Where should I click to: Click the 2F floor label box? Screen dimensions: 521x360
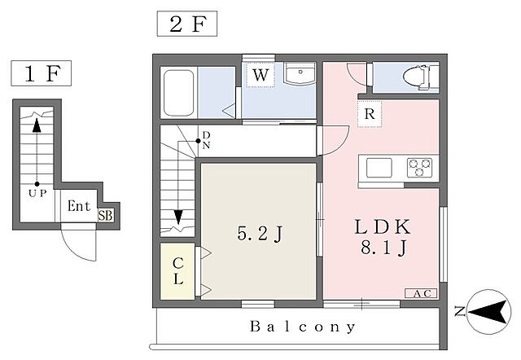(187, 24)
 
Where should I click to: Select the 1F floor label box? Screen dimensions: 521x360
(42, 73)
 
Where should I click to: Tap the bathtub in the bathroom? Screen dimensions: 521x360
(179, 93)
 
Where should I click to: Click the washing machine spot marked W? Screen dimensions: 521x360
(260, 74)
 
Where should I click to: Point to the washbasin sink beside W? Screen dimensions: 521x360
(300, 74)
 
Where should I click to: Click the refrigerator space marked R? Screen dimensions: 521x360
(370, 114)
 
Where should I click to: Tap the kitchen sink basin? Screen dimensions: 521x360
(379, 168)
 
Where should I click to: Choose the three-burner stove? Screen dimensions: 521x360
(420, 168)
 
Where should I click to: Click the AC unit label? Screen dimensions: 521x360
(421, 293)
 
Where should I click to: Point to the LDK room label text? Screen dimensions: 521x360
(383, 227)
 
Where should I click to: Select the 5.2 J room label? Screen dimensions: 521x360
(260, 234)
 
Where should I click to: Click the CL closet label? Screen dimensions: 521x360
(178, 271)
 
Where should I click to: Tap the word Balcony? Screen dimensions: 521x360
(302, 327)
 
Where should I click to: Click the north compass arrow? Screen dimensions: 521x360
(490, 312)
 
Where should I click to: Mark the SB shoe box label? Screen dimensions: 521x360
(105, 215)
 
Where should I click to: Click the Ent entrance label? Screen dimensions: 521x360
(79, 206)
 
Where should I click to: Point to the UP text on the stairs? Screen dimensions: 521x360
(37, 193)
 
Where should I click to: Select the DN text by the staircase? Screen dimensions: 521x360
(206, 140)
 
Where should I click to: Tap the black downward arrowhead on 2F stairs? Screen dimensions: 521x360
(178, 217)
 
